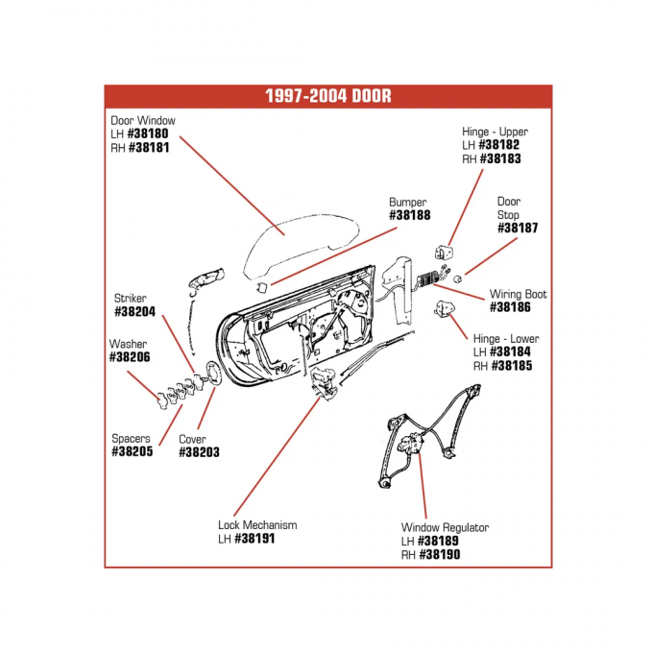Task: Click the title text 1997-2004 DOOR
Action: coord(327,96)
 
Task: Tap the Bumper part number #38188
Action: coord(408,216)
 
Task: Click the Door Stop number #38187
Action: coord(517,229)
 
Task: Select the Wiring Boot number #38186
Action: coord(518,307)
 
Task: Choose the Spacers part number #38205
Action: coord(132,451)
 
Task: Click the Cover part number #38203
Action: coord(199,451)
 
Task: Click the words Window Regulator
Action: coord(445,527)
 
